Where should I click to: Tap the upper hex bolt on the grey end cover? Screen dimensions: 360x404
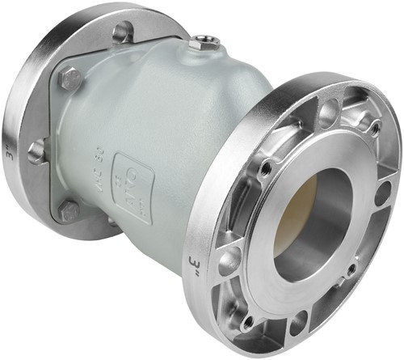tap(71, 78)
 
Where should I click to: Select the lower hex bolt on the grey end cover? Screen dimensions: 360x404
tap(69, 212)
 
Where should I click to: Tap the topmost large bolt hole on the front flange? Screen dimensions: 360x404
tap(329, 106)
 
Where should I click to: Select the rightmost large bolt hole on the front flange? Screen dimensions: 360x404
tap(383, 194)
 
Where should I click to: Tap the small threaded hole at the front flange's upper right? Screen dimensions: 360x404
tap(374, 128)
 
